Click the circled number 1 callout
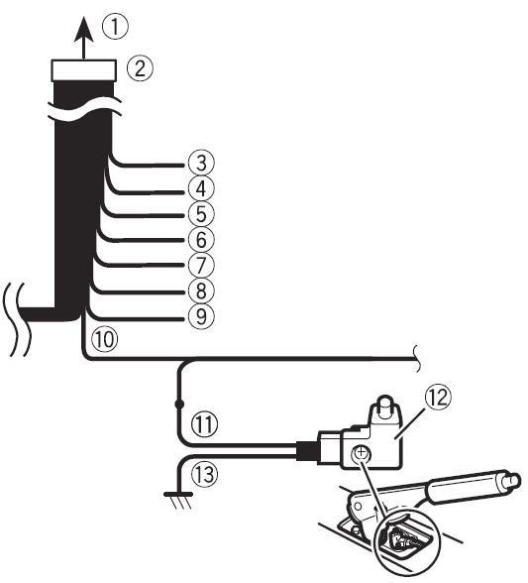click(x=115, y=27)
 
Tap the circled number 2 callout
click(x=140, y=68)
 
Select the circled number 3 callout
click(x=201, y=163)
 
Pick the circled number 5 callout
click(x=201, y=214)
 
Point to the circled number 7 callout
click(x=201, y=265)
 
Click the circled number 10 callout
click(x=105, y=339)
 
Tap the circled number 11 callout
click(x=204, y=424)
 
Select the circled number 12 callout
click(x=439, y=397)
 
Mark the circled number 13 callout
click(x=204, y=474)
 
